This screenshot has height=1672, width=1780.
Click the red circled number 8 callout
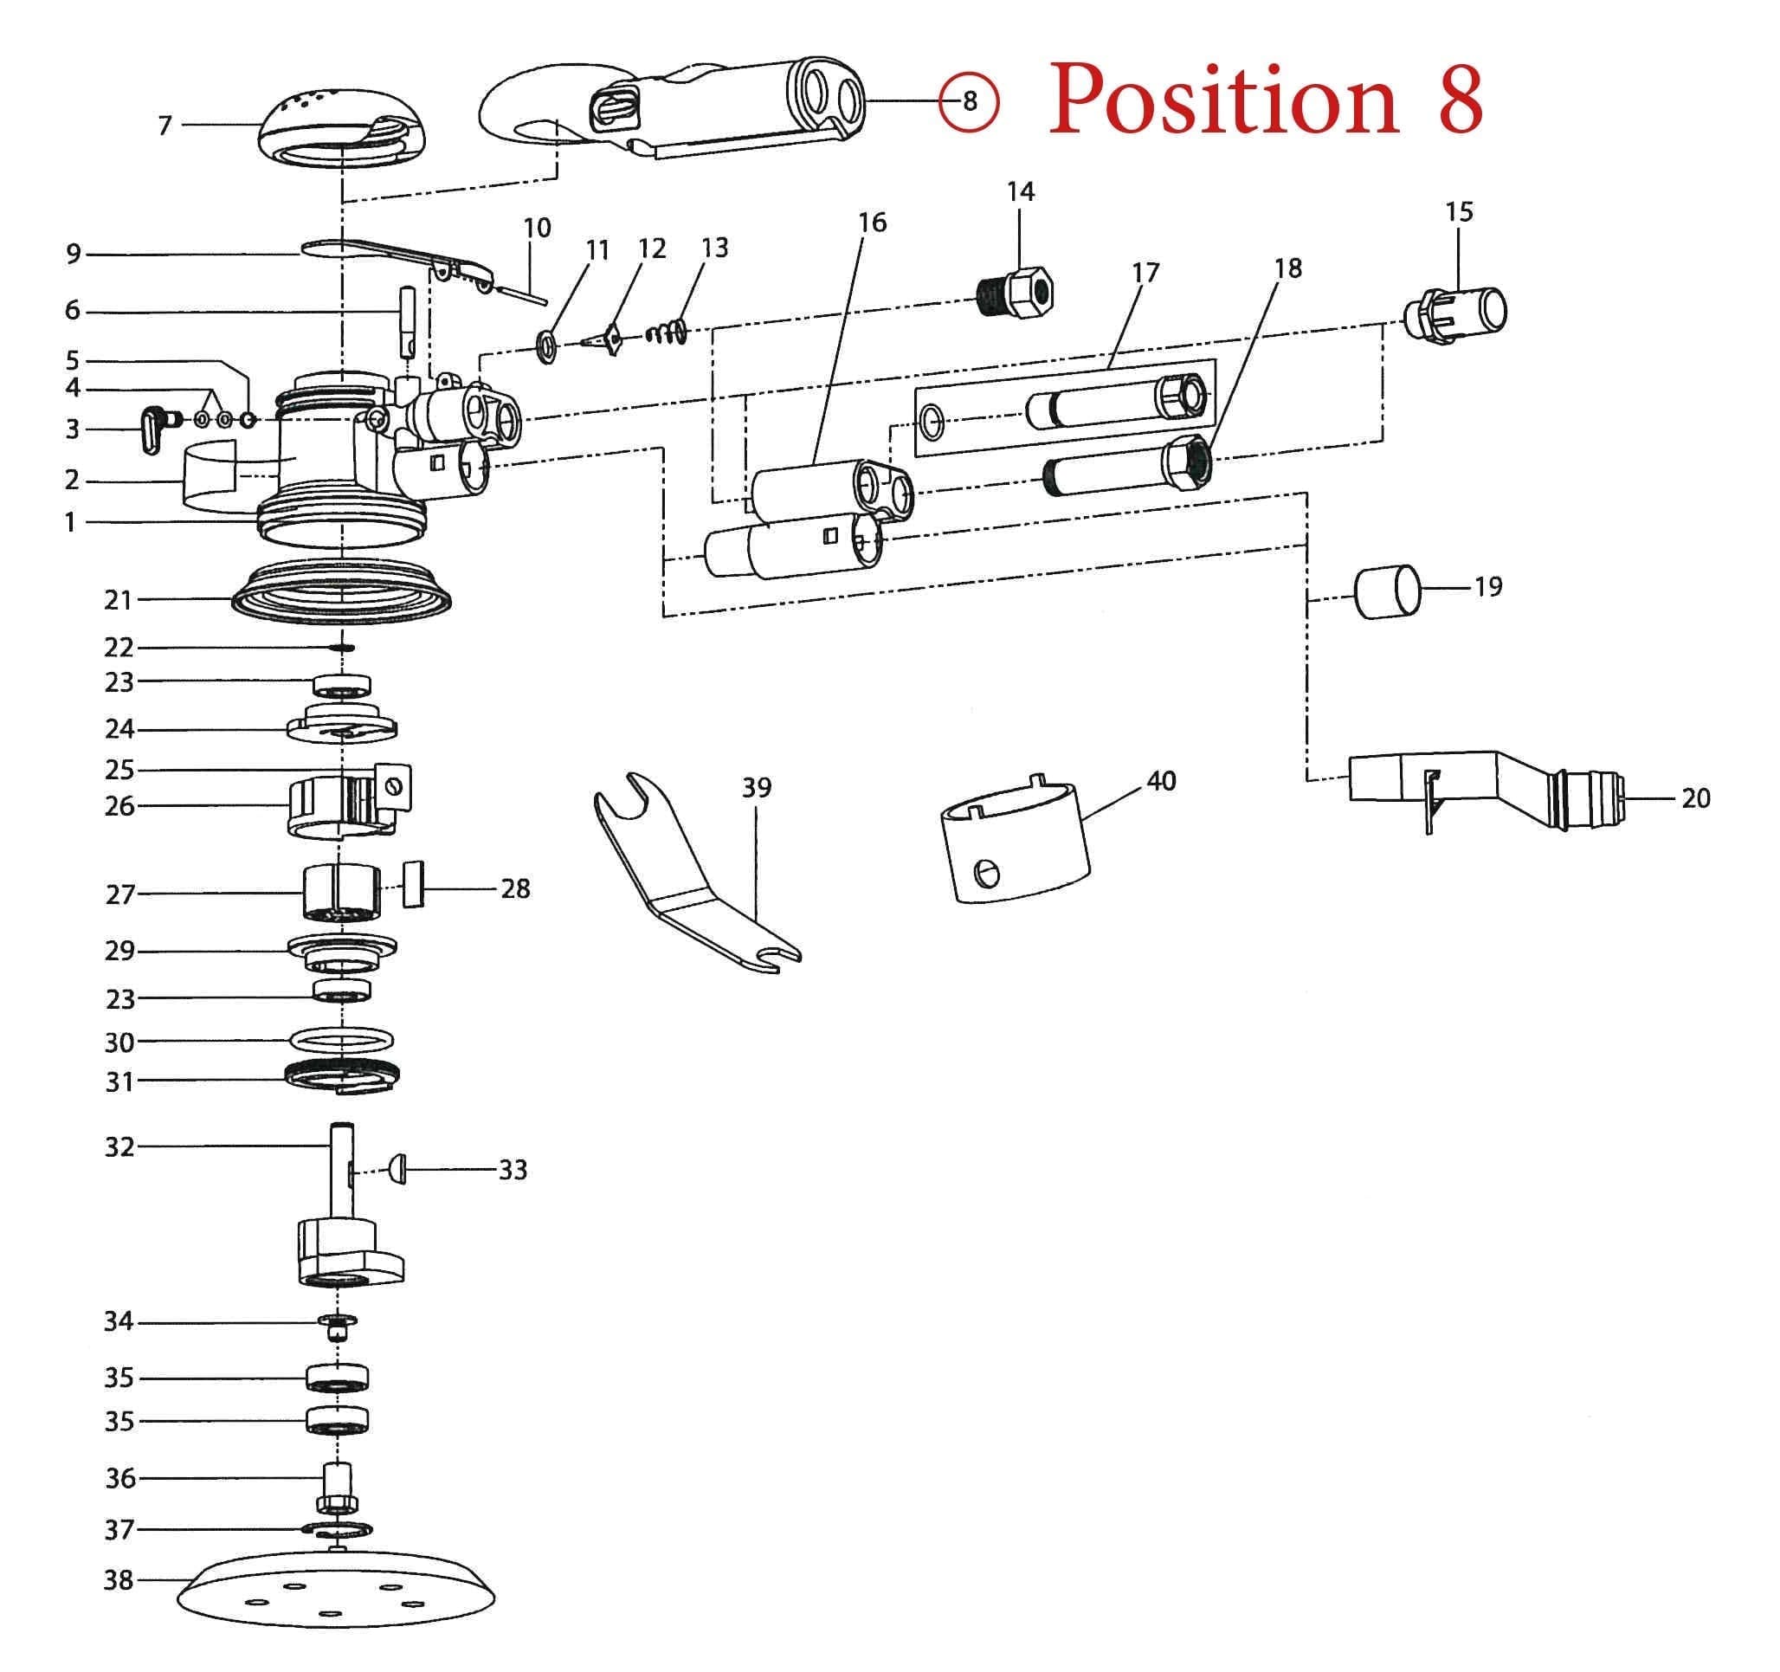point(969,101)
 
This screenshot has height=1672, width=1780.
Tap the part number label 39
point(757,787)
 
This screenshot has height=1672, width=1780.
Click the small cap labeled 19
point(1387,591)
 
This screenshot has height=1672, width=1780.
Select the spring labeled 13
point(666,335)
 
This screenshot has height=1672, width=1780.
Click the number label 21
point(119,599)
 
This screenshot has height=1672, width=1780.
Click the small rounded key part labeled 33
point(397,1169)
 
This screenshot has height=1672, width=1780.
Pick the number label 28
point(515,888)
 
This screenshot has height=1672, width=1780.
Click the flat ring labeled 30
point(341,1041)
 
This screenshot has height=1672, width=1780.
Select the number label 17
point(1145,272)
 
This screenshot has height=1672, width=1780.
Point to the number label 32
point(119,1146)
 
